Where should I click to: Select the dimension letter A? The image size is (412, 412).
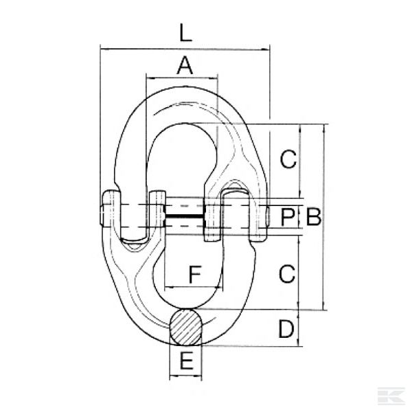(x=184, y=66)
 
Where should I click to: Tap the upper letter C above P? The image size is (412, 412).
(x=288, y=159)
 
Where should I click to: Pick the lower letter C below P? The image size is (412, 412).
(x=288, y=273)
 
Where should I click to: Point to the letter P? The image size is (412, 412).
(x=288, y=218)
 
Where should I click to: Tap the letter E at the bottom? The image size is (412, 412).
(x=185, y=361)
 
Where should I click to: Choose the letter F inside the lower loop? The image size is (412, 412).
(x=194, y=274)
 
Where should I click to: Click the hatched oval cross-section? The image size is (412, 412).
(x=186, y=327)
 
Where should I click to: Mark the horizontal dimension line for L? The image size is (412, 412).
(x=184, y=48)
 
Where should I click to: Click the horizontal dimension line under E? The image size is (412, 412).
(x=185, y=376)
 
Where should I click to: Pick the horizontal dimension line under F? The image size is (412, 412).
(x=192, y=287)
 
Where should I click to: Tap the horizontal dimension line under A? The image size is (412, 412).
(x=181, y=78)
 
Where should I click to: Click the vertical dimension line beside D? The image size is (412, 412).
(x=300, y=330)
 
